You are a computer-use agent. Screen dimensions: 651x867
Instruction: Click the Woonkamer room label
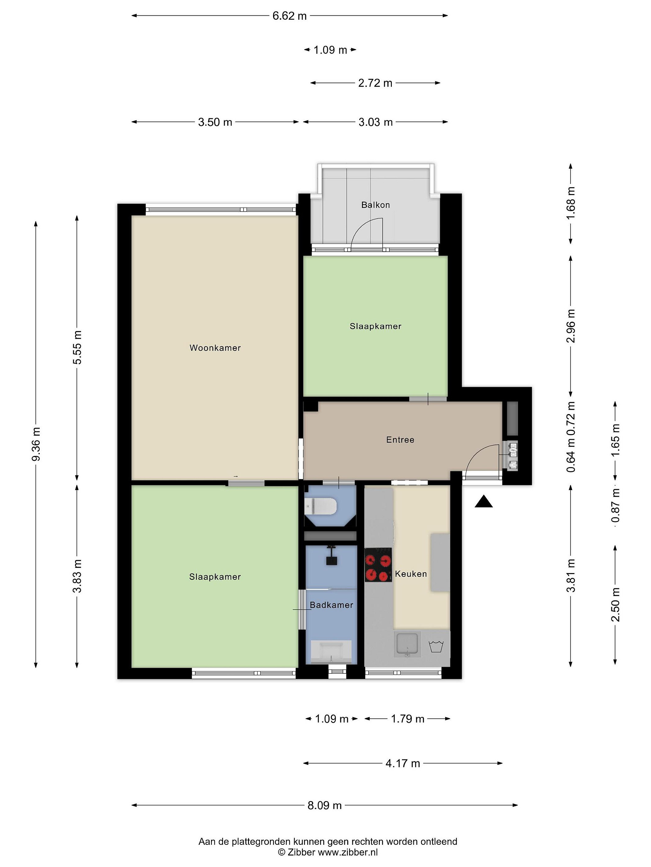pos(215,348)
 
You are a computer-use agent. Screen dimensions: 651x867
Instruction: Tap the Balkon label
pos(376,205)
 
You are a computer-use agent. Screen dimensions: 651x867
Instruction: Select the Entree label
pos(400,440)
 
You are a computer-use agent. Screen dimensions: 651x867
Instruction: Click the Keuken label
pos(411,574)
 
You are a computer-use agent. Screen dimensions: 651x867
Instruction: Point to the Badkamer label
pos(332,605)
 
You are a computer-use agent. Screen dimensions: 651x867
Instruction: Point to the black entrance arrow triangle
pos(483,502)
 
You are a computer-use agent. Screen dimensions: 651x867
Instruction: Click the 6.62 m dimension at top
pos(290,16)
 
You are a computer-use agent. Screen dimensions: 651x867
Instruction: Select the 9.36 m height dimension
pos(36,444)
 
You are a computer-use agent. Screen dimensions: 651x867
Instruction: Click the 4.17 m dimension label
pos(403,763)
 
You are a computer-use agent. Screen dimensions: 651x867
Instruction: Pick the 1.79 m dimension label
pos(408,719)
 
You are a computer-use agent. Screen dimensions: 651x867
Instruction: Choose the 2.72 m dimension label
pos(375,83)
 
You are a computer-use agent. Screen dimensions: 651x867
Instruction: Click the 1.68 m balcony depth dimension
pos(571,203)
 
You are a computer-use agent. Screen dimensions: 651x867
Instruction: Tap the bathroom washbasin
pos(332,651)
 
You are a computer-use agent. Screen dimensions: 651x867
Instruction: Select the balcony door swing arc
pos(361,227)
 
